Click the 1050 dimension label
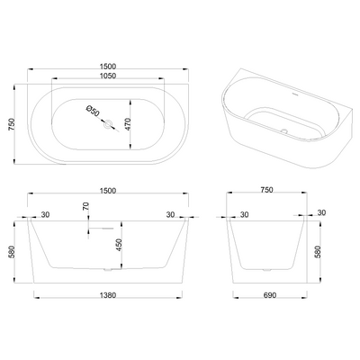(108, 76)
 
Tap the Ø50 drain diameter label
(93, 111)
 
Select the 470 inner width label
(128, 124)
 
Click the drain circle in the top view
(108, 123)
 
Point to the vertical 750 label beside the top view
(12, 124)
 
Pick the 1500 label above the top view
(108, 67)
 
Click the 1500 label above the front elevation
(108, 191)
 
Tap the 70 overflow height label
(85, 206)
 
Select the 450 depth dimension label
(119, 245)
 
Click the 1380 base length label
(108, 295)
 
